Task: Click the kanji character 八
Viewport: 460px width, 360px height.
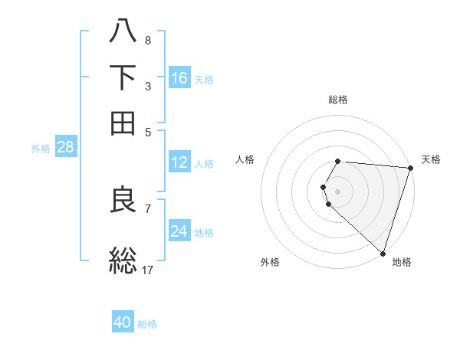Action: [123, 31]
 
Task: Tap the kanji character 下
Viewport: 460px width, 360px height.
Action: [123, 77]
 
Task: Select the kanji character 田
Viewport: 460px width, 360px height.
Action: [123, 123]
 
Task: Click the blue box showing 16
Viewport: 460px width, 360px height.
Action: [179, 78]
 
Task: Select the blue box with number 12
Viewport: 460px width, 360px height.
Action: [179, 162]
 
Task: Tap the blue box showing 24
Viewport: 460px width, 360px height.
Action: [179, 231]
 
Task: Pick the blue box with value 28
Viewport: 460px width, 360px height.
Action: [65, 148]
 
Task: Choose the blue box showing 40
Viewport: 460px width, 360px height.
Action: [123, 323]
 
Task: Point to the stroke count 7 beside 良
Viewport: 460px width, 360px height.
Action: [147, 208]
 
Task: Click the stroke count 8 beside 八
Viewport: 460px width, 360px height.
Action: [147, 40]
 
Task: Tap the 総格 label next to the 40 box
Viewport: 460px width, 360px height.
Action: [147, 324]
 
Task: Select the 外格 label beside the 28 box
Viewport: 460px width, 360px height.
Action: [41, 149]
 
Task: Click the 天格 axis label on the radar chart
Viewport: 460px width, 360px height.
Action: [431, 159]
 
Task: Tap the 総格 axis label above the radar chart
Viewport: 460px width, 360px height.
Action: [338, 100]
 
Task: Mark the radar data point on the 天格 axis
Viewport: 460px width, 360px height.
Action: [410, 168]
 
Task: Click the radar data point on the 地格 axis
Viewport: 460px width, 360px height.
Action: [383, 253]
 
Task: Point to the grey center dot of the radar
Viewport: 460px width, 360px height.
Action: [338, 191]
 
